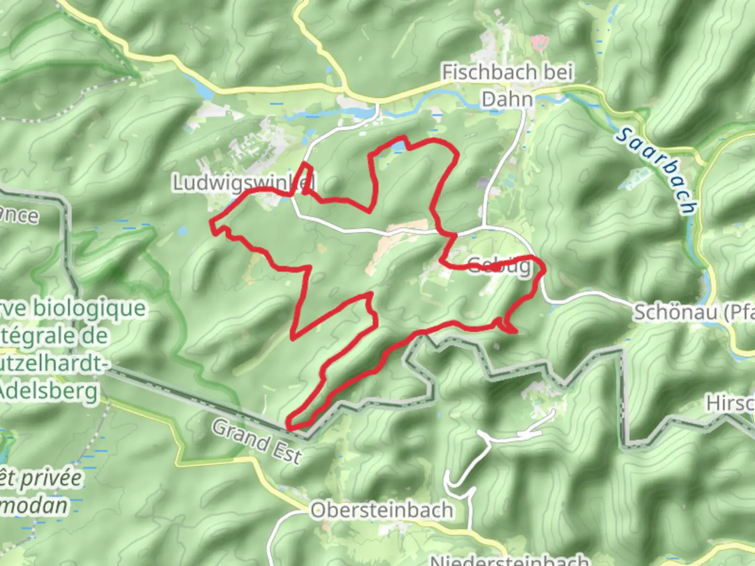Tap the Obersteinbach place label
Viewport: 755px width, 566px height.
pyautogui.click(x=382, y=510)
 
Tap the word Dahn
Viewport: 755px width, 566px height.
pyautogui.click(x=507, y=99)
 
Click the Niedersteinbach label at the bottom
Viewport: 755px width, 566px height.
pyautogui.click(x=509, y=560)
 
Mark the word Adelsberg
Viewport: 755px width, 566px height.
pyautogui.click(x=50, y=390)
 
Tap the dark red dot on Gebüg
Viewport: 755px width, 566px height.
pyautogui.click(x=496, y=267)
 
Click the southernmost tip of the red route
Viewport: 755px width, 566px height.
pyautogui.click(x=292, y=427)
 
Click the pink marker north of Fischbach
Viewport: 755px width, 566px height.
pyautogui.click(x=539, y=41)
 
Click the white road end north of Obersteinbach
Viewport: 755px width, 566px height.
pyautogui.click(x=553, y=412)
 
